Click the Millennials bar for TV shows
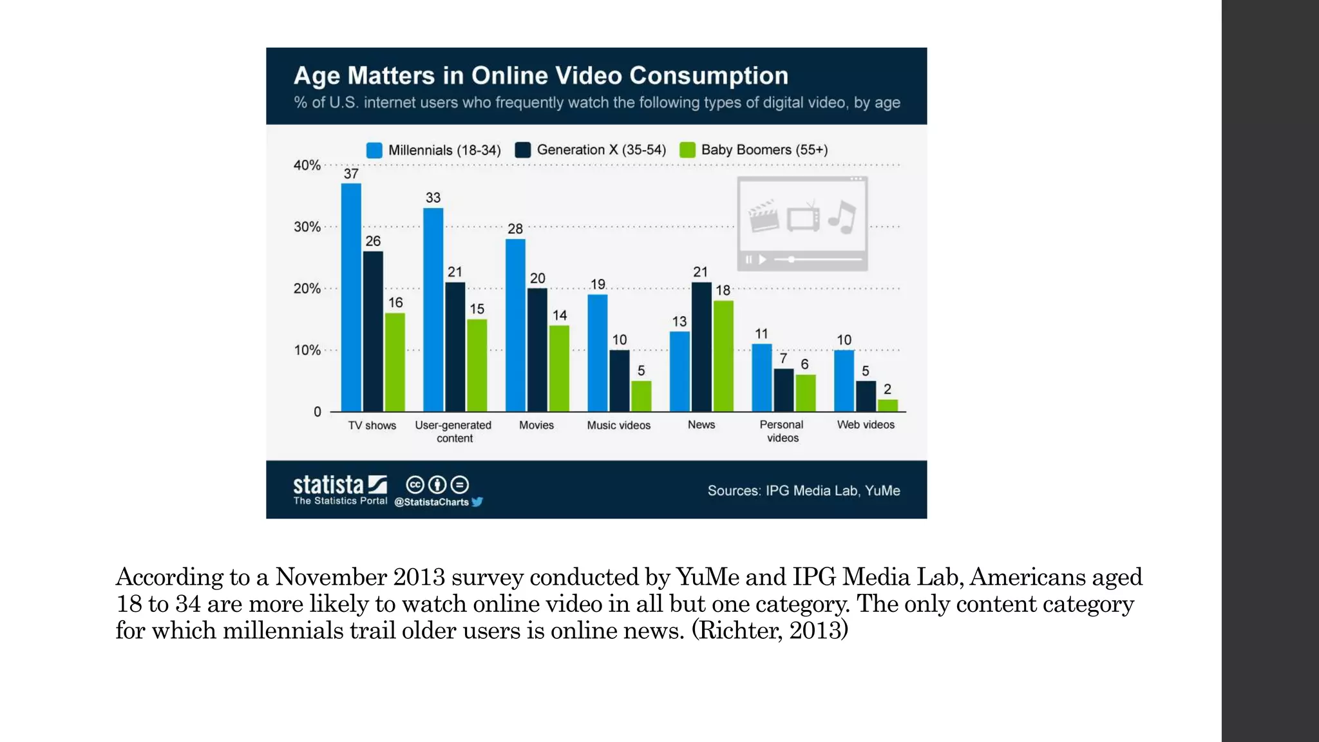pyautogui.click(x=351, y=298)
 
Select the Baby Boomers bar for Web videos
pyautogui.click(x=887, y=405)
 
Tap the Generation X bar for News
pyautogui.click(x=701, y=347)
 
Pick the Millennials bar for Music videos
pyautogui.click(x=598, y=353)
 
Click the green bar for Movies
pyautogui.click(x=559, y=368)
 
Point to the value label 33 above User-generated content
pyautogui.click(x=433, y=198)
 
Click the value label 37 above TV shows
pyautogui.click(x=351, y=174)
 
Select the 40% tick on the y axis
pyautogui.click(x=307, y=165)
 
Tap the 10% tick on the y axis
pyautogui.click(x=307, y=350)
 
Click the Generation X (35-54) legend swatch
pyautogui.click(x=523, y=150)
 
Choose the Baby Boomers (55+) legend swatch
pyautogui.click(x=688, y=150)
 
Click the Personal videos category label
pyautogui.click(x=782, y=431)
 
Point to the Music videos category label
pyautogui.click(x=618, y=425)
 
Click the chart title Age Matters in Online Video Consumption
pyautogui.click(x=541, y=76)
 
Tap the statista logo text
pyautogui.click(x=328, y=484)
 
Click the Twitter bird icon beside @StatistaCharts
pyautogui.click(x=477, y=502)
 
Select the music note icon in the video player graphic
pyautogui.click(x=842, y=217)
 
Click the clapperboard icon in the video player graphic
pyautogui.click(x=763, y=216)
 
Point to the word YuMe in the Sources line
pyautogui.click(x=882, y=491)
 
